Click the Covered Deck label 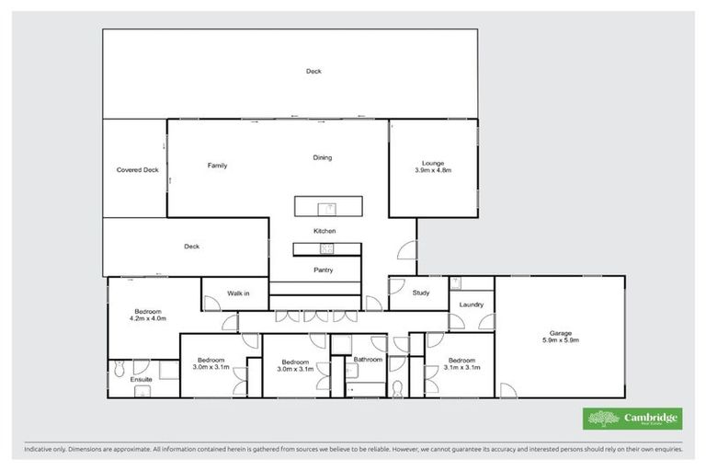138,170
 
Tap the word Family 217,166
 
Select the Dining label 322,157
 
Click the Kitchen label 325,230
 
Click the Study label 421,293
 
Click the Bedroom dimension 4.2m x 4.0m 145,318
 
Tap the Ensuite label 141,378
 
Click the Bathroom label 368,359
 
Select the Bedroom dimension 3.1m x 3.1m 461,367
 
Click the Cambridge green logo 632,419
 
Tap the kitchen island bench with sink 328,205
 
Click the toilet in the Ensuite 118,370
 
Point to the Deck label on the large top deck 314,71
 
